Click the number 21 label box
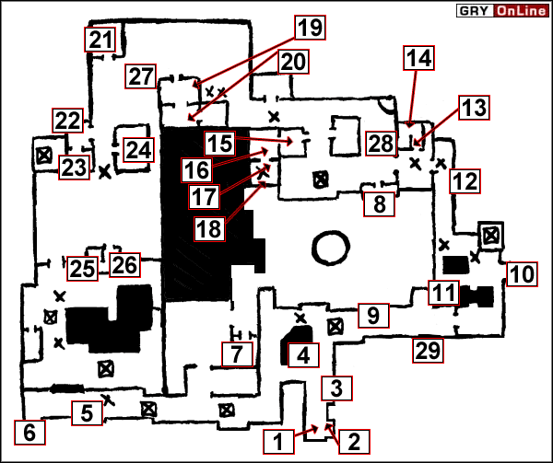(x=100, y=41)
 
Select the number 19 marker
(x=310, y=27)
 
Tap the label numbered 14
(x=418, y=59)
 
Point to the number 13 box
(x=473, y=108)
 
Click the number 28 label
(x=381, y=143)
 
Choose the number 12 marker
(x=465, y=181)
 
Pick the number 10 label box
(x=521, y=273)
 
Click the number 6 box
(x=29, y=431)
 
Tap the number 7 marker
(x=237, y=353)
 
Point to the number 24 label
(x=139, y=149)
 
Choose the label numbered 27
(x=141, y=77)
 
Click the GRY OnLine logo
(x=502, y=11)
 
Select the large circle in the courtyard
(x=330, y=248)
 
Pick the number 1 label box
(x=280, y=440)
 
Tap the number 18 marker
(x=209, y=227)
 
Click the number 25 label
(x=81, y=268)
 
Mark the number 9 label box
(x=372, y=316)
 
